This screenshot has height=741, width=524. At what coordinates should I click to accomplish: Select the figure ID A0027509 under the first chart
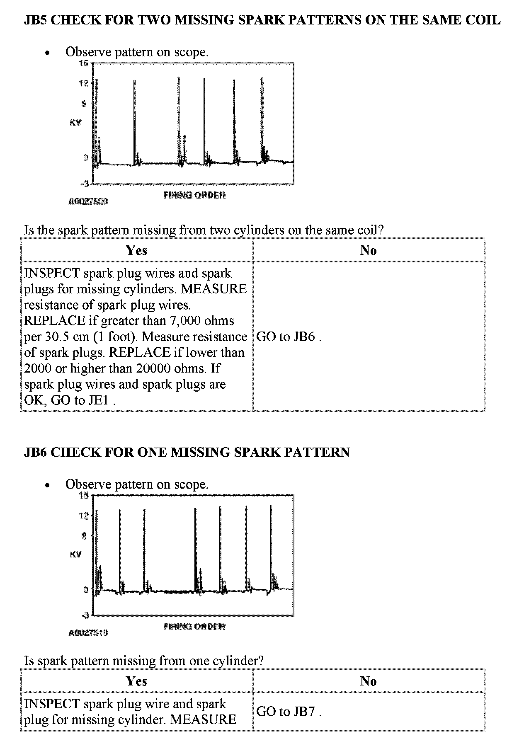(x=88, y=201)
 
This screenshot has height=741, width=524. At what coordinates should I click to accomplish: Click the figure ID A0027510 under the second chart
(x=88, y=633)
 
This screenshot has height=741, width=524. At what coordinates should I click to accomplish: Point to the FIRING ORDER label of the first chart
(x=194, y=195)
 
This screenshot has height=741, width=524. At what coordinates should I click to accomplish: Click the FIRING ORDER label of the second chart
(x=194, y=626)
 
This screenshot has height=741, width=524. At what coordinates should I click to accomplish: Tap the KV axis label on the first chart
(x=75, y=123)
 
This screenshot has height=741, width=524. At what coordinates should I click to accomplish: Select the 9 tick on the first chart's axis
(x=84, y=104)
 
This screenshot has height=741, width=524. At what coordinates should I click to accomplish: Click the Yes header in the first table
(x=136, y=250)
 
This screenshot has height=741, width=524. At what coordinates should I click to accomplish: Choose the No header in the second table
(x=368, y=681)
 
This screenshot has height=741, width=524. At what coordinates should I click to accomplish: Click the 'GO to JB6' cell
(x=289, y=337)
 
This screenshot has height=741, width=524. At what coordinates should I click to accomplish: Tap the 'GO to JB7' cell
(x=289, y=712)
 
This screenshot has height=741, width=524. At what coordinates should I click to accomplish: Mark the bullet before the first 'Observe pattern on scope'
(x=49, y=53)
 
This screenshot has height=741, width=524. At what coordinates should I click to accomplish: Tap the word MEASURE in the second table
(x=203, y=719)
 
